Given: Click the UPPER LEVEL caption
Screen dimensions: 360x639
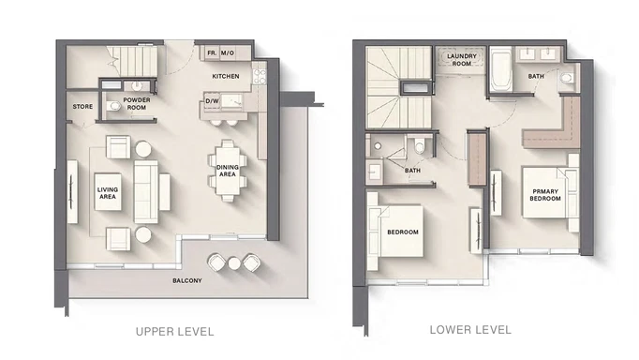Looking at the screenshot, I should (174, 331).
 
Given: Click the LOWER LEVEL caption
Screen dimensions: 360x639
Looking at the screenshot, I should (470, 330).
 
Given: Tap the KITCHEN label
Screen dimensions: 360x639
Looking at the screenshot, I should (227, 76).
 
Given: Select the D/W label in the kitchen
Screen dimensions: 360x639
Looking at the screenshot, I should (212, 99).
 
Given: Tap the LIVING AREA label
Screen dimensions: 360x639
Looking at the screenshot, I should (108, 192).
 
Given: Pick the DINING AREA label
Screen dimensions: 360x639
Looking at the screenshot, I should (227, 170).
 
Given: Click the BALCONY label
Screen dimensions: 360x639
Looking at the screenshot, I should (186, 280).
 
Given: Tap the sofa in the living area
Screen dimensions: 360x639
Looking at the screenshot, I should (147, 190).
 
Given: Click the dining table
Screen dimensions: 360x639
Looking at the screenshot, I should (227, 171).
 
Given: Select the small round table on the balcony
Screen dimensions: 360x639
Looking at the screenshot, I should (233, 263).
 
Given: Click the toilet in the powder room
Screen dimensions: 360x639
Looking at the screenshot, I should (114, 106).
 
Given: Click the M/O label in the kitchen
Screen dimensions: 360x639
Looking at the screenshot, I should (228, 52).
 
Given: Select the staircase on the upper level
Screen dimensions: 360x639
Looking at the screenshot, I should (130, 66).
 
